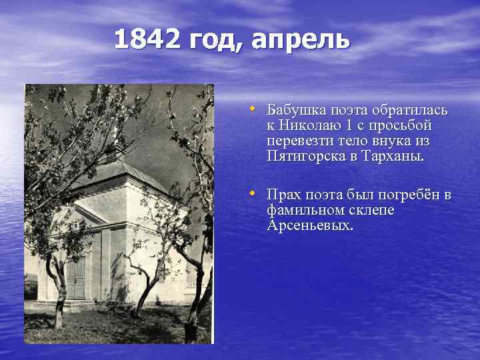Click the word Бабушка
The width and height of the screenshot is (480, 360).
click(x=294, y=110)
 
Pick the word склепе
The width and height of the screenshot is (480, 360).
click(x=370, y=210)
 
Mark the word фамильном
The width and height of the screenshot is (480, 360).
click(x=303, y=210)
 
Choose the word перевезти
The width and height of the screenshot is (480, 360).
click(x=297, y=141)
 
